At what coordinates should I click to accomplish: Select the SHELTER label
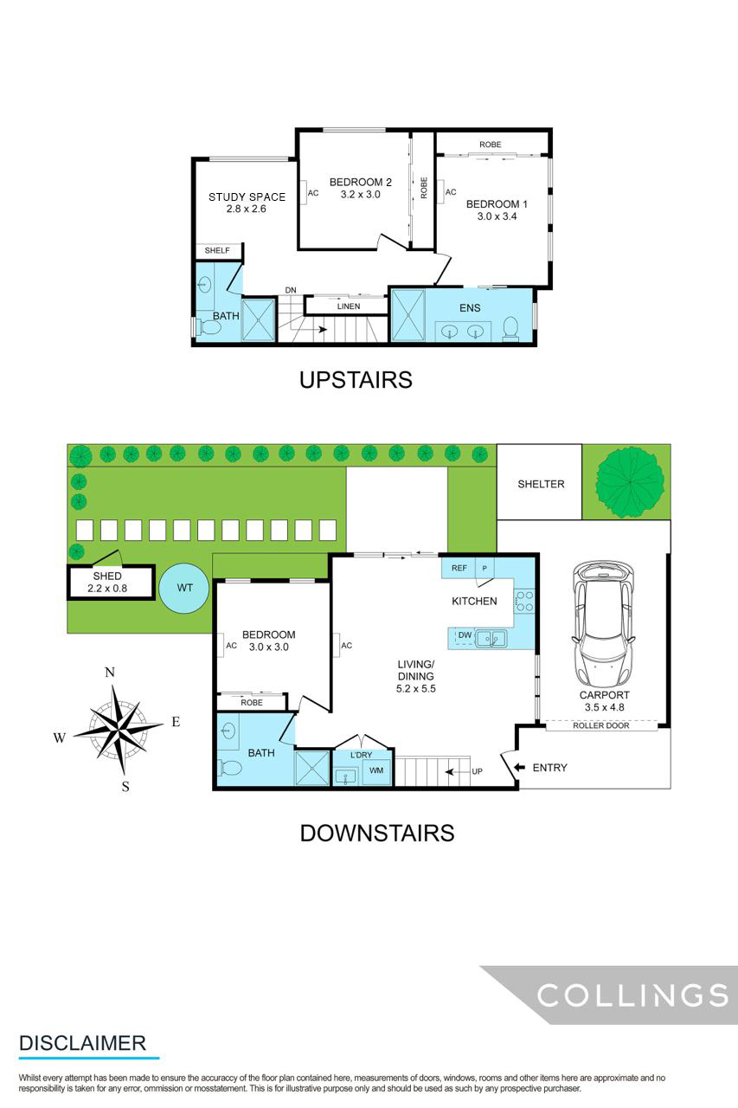[541, 484]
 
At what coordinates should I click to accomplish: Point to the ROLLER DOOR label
[601, 725]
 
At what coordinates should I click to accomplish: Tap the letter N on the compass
[110, 673]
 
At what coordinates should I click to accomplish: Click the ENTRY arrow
[518, 767]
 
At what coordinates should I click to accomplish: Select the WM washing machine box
[376, 770]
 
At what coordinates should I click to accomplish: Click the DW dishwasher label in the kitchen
[465, 636]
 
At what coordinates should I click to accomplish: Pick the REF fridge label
[459, 568]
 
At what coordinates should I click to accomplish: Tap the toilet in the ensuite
[510, 328]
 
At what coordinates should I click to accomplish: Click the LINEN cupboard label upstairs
[349, 306]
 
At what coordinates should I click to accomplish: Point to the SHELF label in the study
[217, 251]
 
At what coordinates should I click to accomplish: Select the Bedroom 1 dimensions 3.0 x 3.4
[497, 216]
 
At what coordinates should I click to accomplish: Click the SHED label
[107, 576]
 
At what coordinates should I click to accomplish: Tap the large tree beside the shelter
[630, 482]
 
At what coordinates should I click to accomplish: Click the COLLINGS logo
[632, 995]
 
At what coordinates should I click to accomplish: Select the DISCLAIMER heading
[82, 1043]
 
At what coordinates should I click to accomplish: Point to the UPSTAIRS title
[356, 379]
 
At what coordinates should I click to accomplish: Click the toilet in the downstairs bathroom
[231, 768]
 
